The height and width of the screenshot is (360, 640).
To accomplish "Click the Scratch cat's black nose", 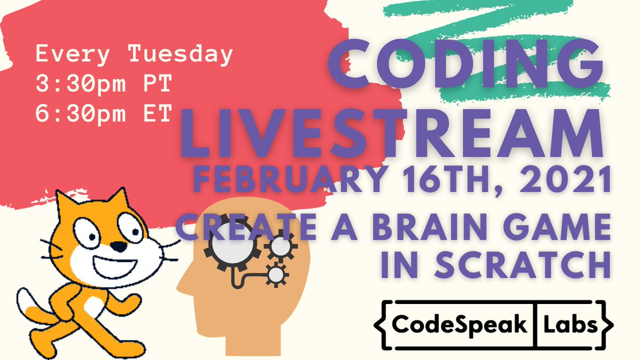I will pos(122,247).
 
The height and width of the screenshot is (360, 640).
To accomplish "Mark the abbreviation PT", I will pos(151,84).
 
